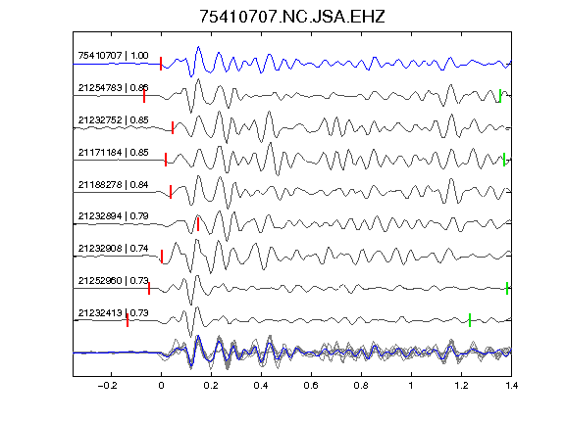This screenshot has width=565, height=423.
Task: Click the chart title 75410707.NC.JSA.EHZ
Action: pyautogui.click(x=292, y=17)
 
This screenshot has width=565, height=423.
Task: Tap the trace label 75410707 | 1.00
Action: pyautogui.click(x=113, y=56)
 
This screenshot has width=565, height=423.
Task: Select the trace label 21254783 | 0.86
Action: pyautogui.click(x=113, y=88)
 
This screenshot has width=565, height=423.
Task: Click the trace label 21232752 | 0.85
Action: pyautogui.click(x=113, y=120)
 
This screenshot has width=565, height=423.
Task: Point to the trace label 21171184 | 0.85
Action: pyautogui.click(x=113, y=153)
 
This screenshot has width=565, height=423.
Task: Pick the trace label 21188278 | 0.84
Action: pyautogui.click(x=113, y=185)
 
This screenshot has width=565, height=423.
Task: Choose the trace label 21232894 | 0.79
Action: pyautogui.click(x=113, y=216)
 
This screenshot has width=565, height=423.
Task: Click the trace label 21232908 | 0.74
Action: pyautogui.click(x=113, y=249)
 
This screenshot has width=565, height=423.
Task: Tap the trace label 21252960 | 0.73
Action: pyautogui.click(x=113, y=281)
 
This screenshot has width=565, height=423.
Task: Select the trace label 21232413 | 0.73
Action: pyautogui.click(x=113, y=313)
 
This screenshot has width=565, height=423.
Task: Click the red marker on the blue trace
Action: pyautogui.click(x=161, y=64)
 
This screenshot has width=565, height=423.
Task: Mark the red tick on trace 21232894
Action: pyautogui.click(x=198, y=224)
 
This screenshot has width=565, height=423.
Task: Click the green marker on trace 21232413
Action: pyautogui.click(x=470, y=320)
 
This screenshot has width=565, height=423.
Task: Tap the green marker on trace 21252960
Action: pyautogui.click(x=507, y=288)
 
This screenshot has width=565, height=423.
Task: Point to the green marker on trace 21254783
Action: pyautogui.click(x=500, y=96)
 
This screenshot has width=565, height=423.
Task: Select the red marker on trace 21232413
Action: pyautogui.click(x=128, y=320)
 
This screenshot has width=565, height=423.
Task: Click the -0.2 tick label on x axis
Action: pyautogui.click(x=108, y=386)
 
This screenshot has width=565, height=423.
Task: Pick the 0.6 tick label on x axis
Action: pyautogui.click(x=311, y=386)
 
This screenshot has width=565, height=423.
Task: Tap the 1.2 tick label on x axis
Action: pyautogui.click(x=461, y=386)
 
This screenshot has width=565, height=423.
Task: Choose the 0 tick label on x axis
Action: pyautogui.click(x=161, y=386)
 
